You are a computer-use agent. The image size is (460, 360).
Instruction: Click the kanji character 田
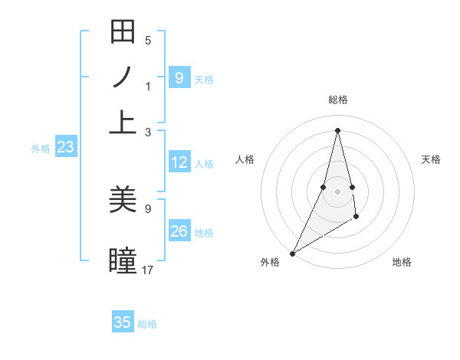coord(123,34)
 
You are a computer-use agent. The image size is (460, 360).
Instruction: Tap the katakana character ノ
coord(123,77)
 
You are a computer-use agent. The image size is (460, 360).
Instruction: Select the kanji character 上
coord(123,121)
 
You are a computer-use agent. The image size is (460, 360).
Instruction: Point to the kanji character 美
coord(123,201)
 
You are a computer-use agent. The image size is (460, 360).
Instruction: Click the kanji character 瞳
coord(123,260)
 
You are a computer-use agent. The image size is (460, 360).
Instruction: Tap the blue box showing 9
coord(179,77)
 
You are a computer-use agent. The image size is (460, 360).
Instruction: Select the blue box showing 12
coord(179,162)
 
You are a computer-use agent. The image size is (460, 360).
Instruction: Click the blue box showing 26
coord(179,231)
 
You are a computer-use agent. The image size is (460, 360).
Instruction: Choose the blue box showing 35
coord(123,322)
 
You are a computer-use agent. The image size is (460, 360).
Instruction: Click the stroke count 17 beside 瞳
coord(148,270)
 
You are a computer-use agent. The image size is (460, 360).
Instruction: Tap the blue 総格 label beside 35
coord(147,324)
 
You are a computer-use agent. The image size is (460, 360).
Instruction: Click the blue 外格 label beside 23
coord(41,149)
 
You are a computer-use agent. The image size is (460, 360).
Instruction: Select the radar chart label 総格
coord(337,100)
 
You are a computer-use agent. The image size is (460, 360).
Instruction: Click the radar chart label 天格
coord(431,159)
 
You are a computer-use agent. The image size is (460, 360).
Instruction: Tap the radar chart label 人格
coord(245,159)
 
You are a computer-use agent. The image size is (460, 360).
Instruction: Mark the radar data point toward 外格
coord(292,253)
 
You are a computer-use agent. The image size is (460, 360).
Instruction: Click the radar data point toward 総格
coord(337,129)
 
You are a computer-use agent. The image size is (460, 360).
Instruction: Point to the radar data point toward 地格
coord(356,218)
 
